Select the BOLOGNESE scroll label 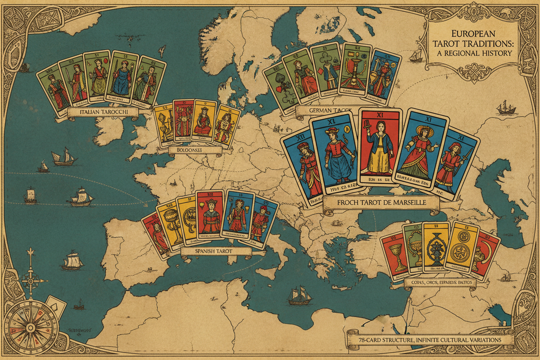tap(191, 150)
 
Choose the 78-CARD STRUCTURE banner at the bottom tap(430, 339)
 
